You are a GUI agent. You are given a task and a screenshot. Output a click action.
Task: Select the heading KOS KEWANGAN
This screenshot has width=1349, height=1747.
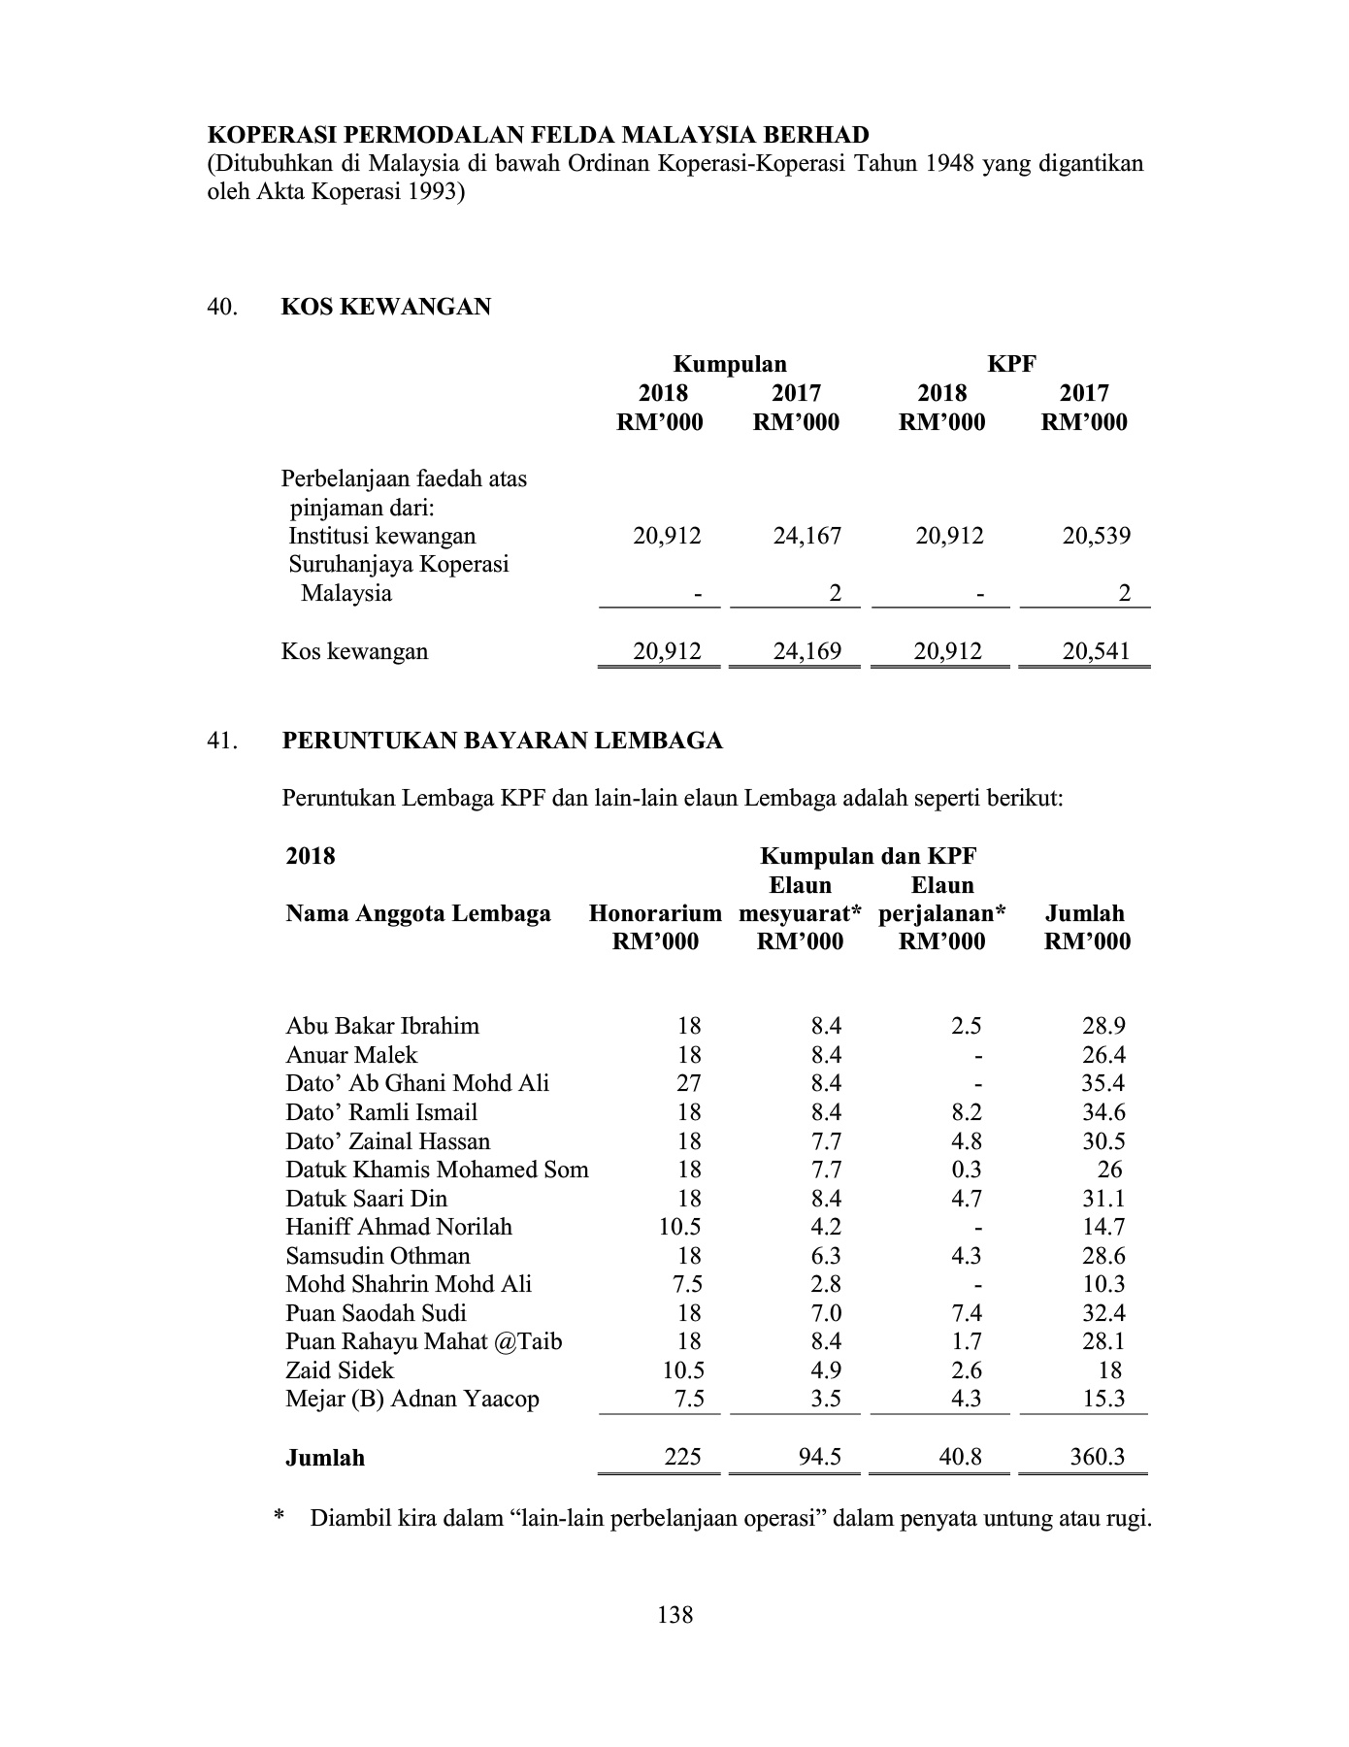tap(385, 308)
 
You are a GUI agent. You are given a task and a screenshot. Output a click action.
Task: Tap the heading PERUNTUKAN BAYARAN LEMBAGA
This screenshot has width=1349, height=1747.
tap(502, 742)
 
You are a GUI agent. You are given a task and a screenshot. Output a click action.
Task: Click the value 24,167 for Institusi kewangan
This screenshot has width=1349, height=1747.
tap(806, 536)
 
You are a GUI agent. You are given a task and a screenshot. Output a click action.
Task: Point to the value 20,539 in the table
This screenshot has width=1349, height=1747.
tap(1096, 536)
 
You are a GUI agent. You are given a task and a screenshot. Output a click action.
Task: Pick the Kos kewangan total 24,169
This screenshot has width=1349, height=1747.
tap(806, 651)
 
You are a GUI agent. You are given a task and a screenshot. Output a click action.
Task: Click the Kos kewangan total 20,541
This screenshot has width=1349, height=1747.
tap(1096, 651)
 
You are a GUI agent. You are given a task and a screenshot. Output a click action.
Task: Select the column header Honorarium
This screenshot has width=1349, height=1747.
tap(655, 913)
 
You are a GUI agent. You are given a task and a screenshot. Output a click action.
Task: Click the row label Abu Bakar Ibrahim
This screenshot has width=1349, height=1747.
tap(382, 1026)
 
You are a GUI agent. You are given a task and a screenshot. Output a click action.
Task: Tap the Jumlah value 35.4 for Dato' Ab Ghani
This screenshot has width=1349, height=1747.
tap(1103, 1083)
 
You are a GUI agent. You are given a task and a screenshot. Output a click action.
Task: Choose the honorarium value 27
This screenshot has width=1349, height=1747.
tap(688, 1083)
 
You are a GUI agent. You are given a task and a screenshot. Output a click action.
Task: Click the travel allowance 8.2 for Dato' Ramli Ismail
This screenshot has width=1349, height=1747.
tap(967, 1112)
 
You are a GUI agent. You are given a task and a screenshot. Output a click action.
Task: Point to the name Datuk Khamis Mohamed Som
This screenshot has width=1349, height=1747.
tap(437, 1170)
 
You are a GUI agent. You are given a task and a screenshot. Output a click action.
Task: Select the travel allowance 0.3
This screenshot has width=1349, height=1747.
tap(967, 1170)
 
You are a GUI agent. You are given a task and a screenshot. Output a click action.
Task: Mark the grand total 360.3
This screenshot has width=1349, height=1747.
tap(1097, 1457)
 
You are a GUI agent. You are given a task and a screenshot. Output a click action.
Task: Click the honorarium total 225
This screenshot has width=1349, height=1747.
tap(683, 1457)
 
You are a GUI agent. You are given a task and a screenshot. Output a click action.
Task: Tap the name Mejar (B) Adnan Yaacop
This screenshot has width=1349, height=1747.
tap(412, 1399)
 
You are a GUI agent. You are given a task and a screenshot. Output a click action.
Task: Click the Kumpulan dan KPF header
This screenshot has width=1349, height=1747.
tap(868, 856)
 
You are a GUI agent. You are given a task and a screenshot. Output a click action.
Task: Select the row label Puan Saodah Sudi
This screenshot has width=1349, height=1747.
tap(376, 1313)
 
